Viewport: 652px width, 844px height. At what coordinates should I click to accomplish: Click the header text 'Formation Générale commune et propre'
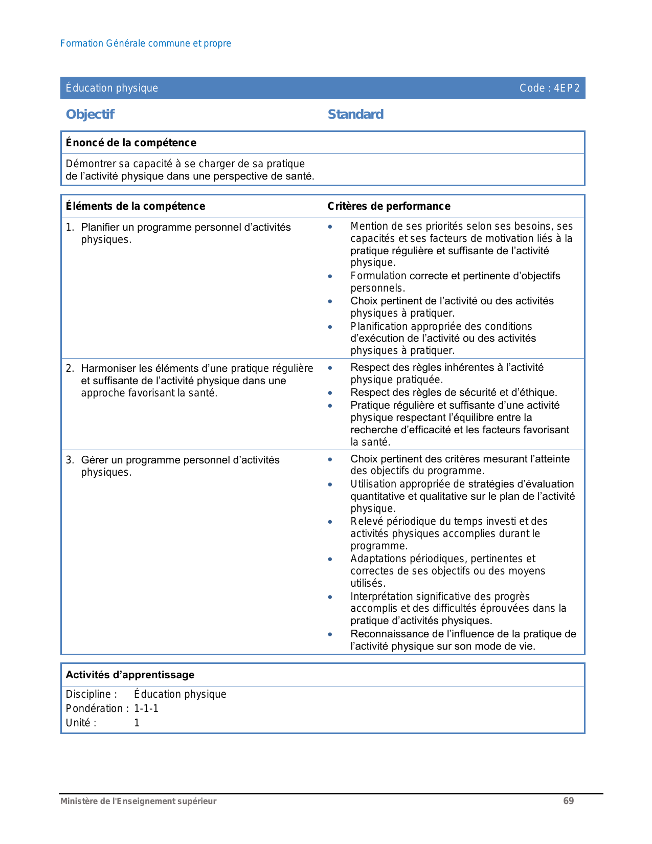pyautogui.click(x=145, y=43)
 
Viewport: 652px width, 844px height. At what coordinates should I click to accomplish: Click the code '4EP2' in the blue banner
pyautogui.click(x=567, y=88)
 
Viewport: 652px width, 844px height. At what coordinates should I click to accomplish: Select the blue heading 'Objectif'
pyautogui.click(x=90, y=114)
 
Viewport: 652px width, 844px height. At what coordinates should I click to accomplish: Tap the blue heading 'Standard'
pyautogui.click(x=355, y=114)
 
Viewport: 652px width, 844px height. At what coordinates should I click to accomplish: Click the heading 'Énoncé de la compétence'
pyautogui.click(x=131, y=143)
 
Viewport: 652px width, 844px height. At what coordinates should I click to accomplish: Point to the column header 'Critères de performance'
pyautogui.click(x=389, y=206)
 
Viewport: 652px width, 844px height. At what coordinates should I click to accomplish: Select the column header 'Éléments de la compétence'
pyautogui.click(x=136, y=206)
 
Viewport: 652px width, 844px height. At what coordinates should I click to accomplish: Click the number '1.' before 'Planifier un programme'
pyautogui.click(x=70, y=227)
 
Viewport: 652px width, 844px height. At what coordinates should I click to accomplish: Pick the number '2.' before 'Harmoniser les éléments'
pyautogui.click(x=70, y=368)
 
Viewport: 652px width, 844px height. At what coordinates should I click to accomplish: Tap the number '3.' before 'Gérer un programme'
pyautogui.click(x=70, y=460)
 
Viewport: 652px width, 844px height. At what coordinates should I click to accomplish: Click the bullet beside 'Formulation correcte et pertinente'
pyautogui.click(x=330, y=276)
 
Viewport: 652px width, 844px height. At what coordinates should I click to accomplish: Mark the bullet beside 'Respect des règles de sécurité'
pyautogui.click(x=330, y=393)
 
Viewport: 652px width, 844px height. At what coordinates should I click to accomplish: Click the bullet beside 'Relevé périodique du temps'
pyautogui.click(x=330, y=522)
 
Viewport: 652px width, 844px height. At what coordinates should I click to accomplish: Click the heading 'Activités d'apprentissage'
pyautogui.click(x=130, y=675)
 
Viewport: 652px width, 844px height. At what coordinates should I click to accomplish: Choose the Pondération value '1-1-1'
pyautogui.click(x=146, y=708)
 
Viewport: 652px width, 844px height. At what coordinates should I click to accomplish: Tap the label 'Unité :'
pyautogui.click(x=81, y=723)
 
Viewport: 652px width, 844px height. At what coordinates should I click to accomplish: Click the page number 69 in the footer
pyautogui.click(x=568, y=801)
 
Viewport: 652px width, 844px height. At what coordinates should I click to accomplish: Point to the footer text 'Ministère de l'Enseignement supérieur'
pyautogui.click(x=138, y=802)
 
